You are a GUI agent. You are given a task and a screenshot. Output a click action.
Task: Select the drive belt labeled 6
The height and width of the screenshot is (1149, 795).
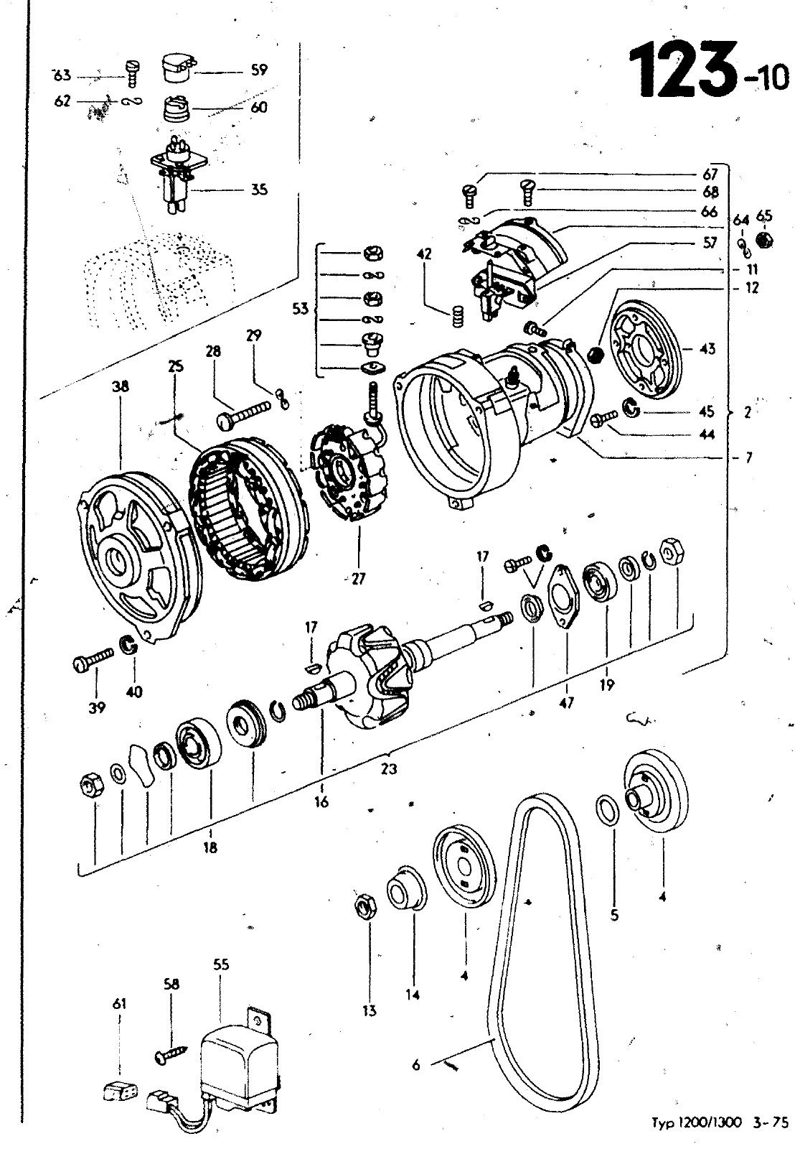click(545, 934)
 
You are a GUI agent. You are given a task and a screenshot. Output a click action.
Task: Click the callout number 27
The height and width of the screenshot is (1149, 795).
click(358, 579)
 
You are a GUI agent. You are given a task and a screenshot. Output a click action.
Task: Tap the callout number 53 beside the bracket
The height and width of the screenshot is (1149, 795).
click(300, 310)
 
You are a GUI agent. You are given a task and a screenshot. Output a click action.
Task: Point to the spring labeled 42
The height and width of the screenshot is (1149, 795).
click(456, 316)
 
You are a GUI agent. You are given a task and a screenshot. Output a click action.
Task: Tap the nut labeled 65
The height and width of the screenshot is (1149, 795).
click(765, 240)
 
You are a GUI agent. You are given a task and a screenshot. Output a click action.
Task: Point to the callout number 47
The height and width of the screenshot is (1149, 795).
click(566, 703)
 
